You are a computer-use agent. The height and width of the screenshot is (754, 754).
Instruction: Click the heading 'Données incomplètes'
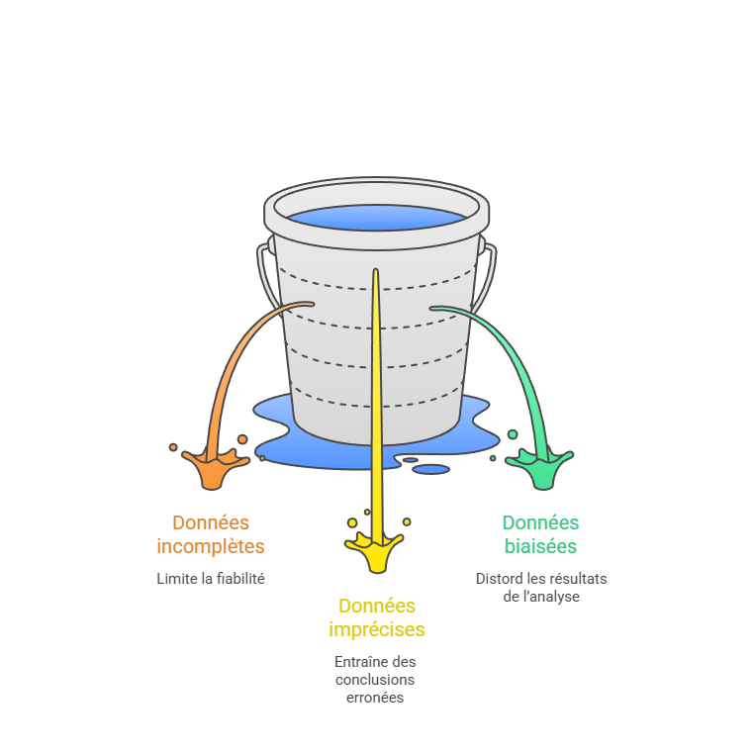tap(211, 534)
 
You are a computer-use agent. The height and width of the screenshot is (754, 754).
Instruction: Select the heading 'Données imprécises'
tap(376, 617)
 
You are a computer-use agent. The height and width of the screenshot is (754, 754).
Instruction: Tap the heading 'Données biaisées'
tap(540, 534)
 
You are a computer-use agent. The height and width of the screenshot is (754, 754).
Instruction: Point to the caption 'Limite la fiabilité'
tap(211, 579)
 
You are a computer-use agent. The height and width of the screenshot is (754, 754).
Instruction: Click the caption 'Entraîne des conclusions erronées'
tap(375, 680)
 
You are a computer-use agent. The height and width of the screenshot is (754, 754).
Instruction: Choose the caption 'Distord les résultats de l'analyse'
tap(540, 588)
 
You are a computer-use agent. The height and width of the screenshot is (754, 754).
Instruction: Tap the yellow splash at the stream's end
tap(375, 551)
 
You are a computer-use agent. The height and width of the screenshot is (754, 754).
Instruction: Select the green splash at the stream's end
tap(542, 468)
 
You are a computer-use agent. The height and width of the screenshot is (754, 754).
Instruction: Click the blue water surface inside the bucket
tap(376, 219)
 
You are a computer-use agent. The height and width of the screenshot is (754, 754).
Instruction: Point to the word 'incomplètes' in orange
tap(211, 546)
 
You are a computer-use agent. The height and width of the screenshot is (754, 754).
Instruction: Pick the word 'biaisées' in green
tap(540, 546)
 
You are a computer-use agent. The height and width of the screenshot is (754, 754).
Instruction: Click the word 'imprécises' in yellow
tap(376, 629)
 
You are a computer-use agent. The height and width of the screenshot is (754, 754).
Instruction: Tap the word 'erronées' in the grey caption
tap(375, 698)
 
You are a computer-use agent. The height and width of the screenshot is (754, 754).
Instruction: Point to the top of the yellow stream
tap(376, 271)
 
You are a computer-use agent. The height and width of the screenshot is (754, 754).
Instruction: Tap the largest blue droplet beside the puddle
tap(430, 469)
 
